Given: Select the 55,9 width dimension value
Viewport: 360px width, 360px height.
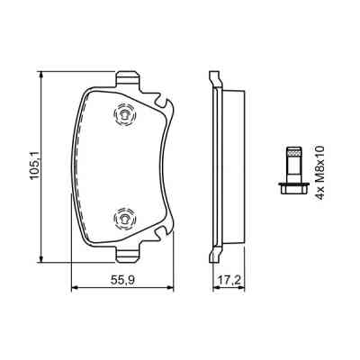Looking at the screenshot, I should coord(122,281).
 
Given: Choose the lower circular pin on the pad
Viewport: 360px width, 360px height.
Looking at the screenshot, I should coord(122,217).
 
